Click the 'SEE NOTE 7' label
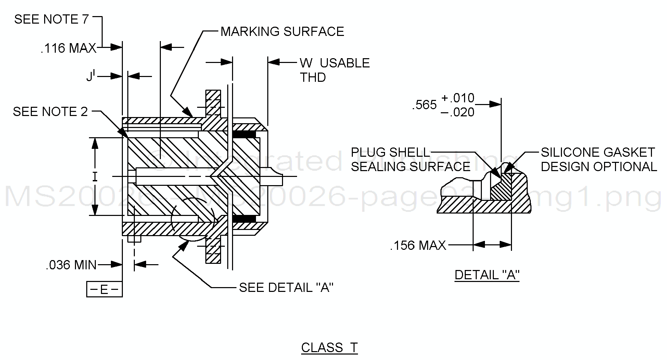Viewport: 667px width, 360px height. [51, 20]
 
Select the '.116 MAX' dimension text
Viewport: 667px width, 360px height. [68, 48]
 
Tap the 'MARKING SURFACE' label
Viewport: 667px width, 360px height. [282, 31]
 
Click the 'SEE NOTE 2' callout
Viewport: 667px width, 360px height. [50, 112]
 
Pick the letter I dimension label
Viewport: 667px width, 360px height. [95, 177]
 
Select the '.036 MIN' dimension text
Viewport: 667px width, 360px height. [71, 265]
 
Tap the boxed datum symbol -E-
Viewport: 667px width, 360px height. [104, 290]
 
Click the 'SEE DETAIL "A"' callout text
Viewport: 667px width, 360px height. [286, 287]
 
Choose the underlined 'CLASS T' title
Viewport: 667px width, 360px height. [329, 348]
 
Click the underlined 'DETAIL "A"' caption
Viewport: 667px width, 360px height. [487, 275]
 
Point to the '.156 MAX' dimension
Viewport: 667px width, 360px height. [418, 245]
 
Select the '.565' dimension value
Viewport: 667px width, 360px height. [424, 105]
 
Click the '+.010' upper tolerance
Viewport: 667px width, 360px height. [458, 98]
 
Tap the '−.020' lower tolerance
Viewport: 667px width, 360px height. [457, 112]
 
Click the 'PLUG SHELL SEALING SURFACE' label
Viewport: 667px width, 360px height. [410, 159]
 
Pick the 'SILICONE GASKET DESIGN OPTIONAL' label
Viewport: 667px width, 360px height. [599, 159]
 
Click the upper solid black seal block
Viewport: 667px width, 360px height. [244, 134]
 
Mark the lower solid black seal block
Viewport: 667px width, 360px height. [244, 218]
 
